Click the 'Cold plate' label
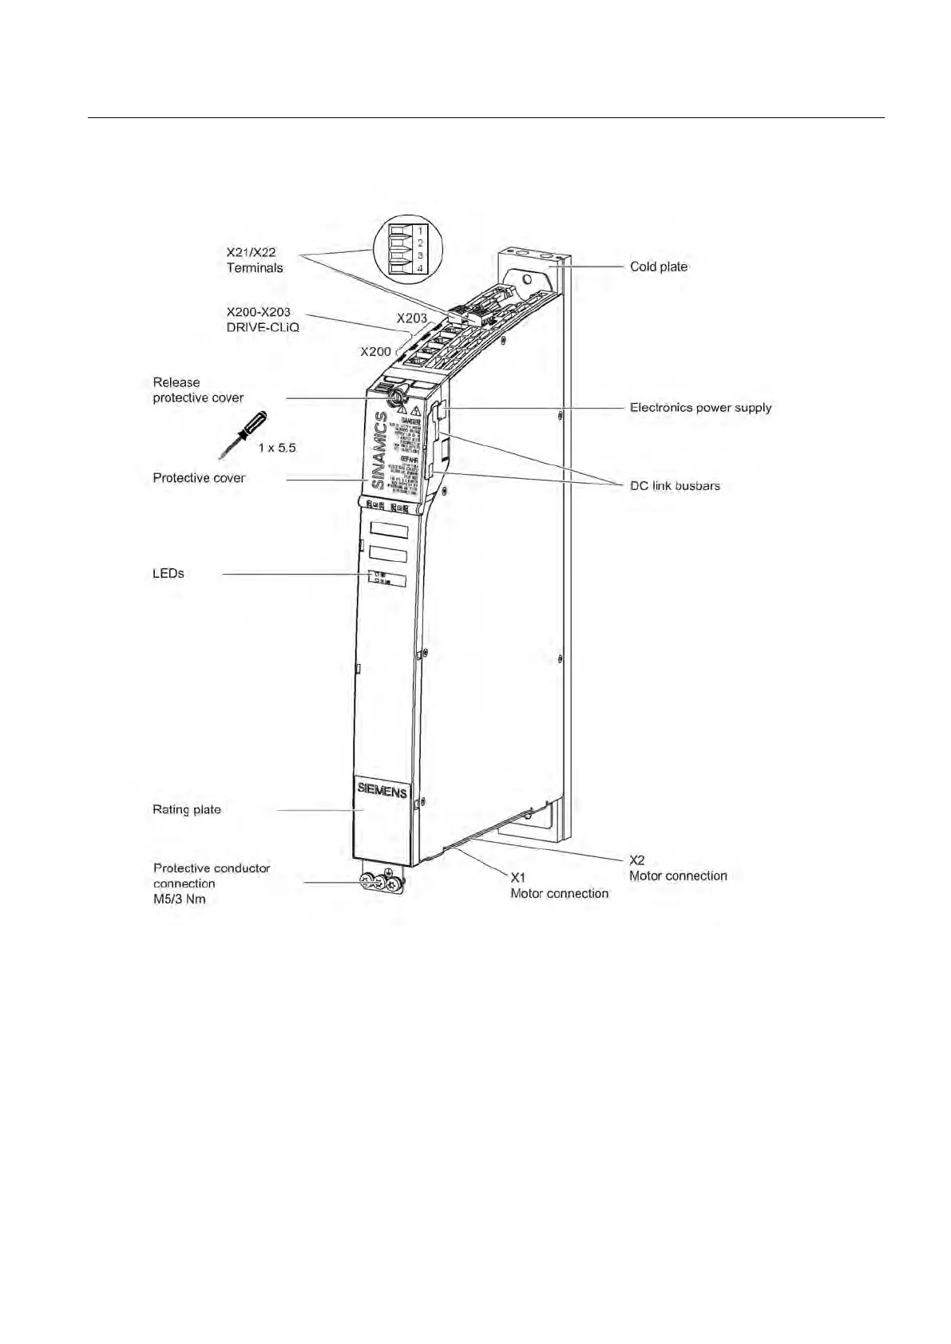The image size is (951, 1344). [x=658, y=267]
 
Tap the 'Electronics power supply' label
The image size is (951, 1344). [x=700, y=407]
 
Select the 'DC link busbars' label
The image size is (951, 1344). [x=675, y=485]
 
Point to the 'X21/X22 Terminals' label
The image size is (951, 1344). [x=254, y=260]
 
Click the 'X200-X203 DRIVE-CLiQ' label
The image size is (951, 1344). [x=262, y=319]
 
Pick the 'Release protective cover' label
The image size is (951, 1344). [x=198, y=390]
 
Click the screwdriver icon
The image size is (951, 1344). [x=244, y=434]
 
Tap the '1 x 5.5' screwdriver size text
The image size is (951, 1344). [x=277, y=448]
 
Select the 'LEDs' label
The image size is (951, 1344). [x=168, y=573]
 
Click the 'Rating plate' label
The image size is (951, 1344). [x=186, y=809]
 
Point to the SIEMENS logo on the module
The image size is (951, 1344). [x=382, y=790]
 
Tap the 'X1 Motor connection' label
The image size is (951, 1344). [x=559, y=886]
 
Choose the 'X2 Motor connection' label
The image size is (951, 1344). [x=677, y=868]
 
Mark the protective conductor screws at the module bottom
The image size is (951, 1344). [x=382, y=882]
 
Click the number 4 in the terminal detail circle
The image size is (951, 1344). [x=420, y=268]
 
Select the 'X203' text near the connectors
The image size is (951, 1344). [x=412, y=318]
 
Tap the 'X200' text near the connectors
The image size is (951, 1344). [x=375, y=351]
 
